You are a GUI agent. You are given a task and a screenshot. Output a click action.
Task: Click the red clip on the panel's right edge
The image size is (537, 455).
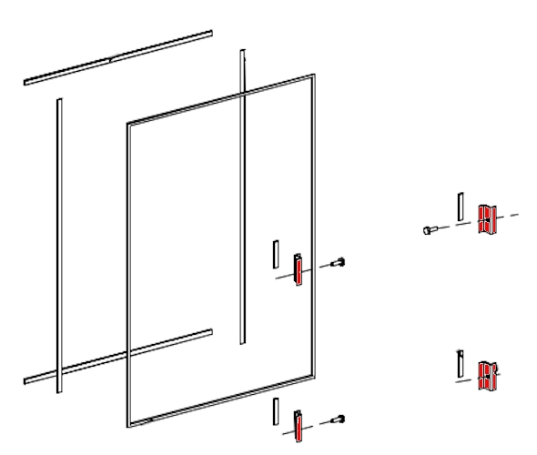click(x=298, y=270)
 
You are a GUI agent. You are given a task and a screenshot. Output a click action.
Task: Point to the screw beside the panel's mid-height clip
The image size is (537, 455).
click(x=339, y=263)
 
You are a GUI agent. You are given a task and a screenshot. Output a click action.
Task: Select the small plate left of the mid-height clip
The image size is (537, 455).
click(x=274, y=253)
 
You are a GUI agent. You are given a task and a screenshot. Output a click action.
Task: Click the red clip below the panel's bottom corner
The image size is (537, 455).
click(x=298, y=425)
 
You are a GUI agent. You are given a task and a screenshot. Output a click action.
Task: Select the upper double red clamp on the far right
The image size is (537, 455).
click(x=486, y=219)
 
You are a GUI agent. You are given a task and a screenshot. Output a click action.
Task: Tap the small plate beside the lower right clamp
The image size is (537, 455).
click(x=461, y=363)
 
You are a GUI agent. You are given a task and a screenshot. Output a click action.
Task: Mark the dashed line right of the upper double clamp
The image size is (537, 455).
click(x=513, y=216)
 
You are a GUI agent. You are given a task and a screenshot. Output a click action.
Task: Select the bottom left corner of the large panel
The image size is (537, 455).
click(x=124, y=424)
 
